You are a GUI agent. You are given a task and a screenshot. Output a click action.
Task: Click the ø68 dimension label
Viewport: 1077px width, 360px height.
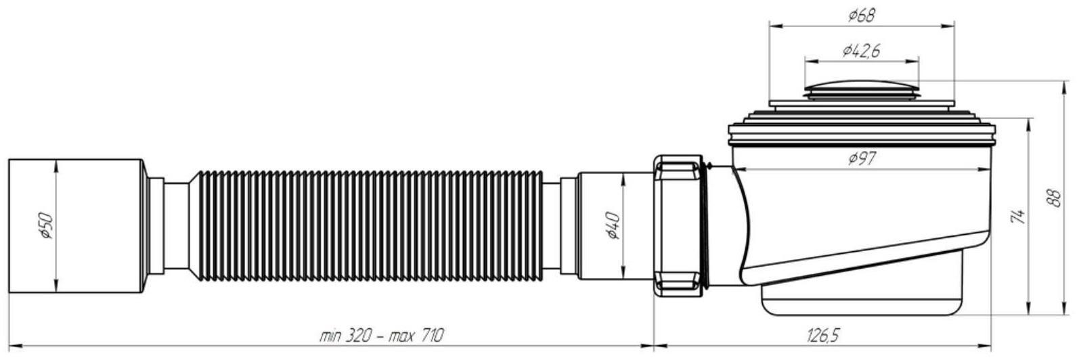[861, 16]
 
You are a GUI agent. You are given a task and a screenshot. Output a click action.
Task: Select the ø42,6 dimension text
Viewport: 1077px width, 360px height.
[862, 50]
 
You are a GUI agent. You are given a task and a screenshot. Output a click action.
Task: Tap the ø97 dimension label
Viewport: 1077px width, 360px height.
[862, 158]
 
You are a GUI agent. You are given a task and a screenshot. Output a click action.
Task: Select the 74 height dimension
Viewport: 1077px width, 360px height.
[1018, 216]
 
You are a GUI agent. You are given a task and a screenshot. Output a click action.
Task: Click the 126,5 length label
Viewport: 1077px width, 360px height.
[823, 335]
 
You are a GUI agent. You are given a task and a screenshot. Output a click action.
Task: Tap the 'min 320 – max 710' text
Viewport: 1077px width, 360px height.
[381, 335]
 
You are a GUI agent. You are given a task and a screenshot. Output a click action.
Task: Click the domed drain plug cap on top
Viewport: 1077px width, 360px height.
[862, 90]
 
